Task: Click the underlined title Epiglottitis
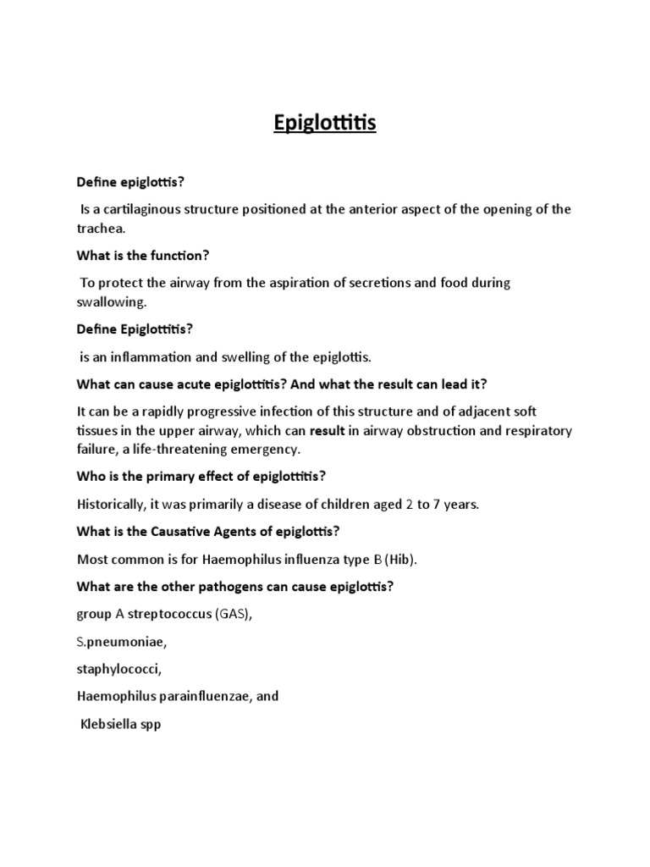pyautogui.click(x=325, y=124)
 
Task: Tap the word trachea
pyautogui.click(x=101, y=229)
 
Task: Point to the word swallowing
pyautogui.click(x=112, y=301)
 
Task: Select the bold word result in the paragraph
pyautogui.click(x=328, y=431)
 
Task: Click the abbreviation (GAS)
pyautogui.click(x=232, y=614)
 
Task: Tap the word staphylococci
pyautogui.click(x=118, y=669)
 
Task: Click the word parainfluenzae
pyautogui.click(x=203, y=696)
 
